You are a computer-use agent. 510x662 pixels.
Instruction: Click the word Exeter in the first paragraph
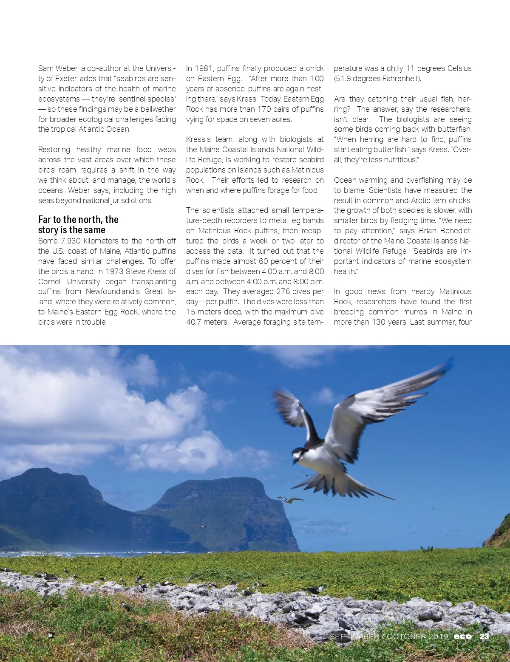[x=65, y=79]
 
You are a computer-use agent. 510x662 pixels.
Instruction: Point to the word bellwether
[x=158, y=109]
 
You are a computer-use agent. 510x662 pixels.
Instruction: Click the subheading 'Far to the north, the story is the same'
[x=78, y=225]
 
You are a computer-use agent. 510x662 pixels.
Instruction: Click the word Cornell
[x=50, y=282]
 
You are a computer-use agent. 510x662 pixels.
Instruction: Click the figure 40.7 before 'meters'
[x=196, y=322]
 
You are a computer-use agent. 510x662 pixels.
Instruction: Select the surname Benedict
[x=454, y=231]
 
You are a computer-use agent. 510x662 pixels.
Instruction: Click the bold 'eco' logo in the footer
[x=463, y=636]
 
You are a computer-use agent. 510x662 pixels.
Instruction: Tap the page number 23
[x=484, y=636]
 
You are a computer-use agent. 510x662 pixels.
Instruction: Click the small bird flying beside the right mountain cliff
[x=290, y=500]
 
